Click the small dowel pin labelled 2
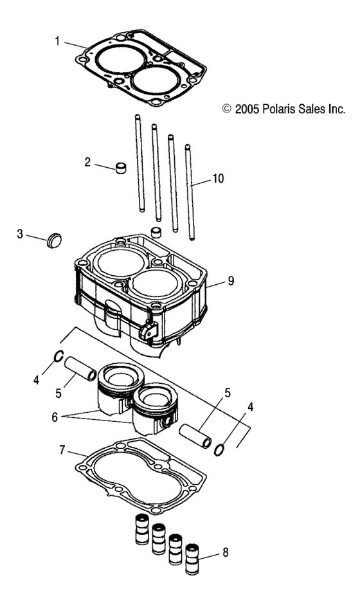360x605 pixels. (x=120, y=169)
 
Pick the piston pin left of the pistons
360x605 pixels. (x=81, y=366)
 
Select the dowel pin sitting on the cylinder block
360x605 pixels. (x=154, y=231)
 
